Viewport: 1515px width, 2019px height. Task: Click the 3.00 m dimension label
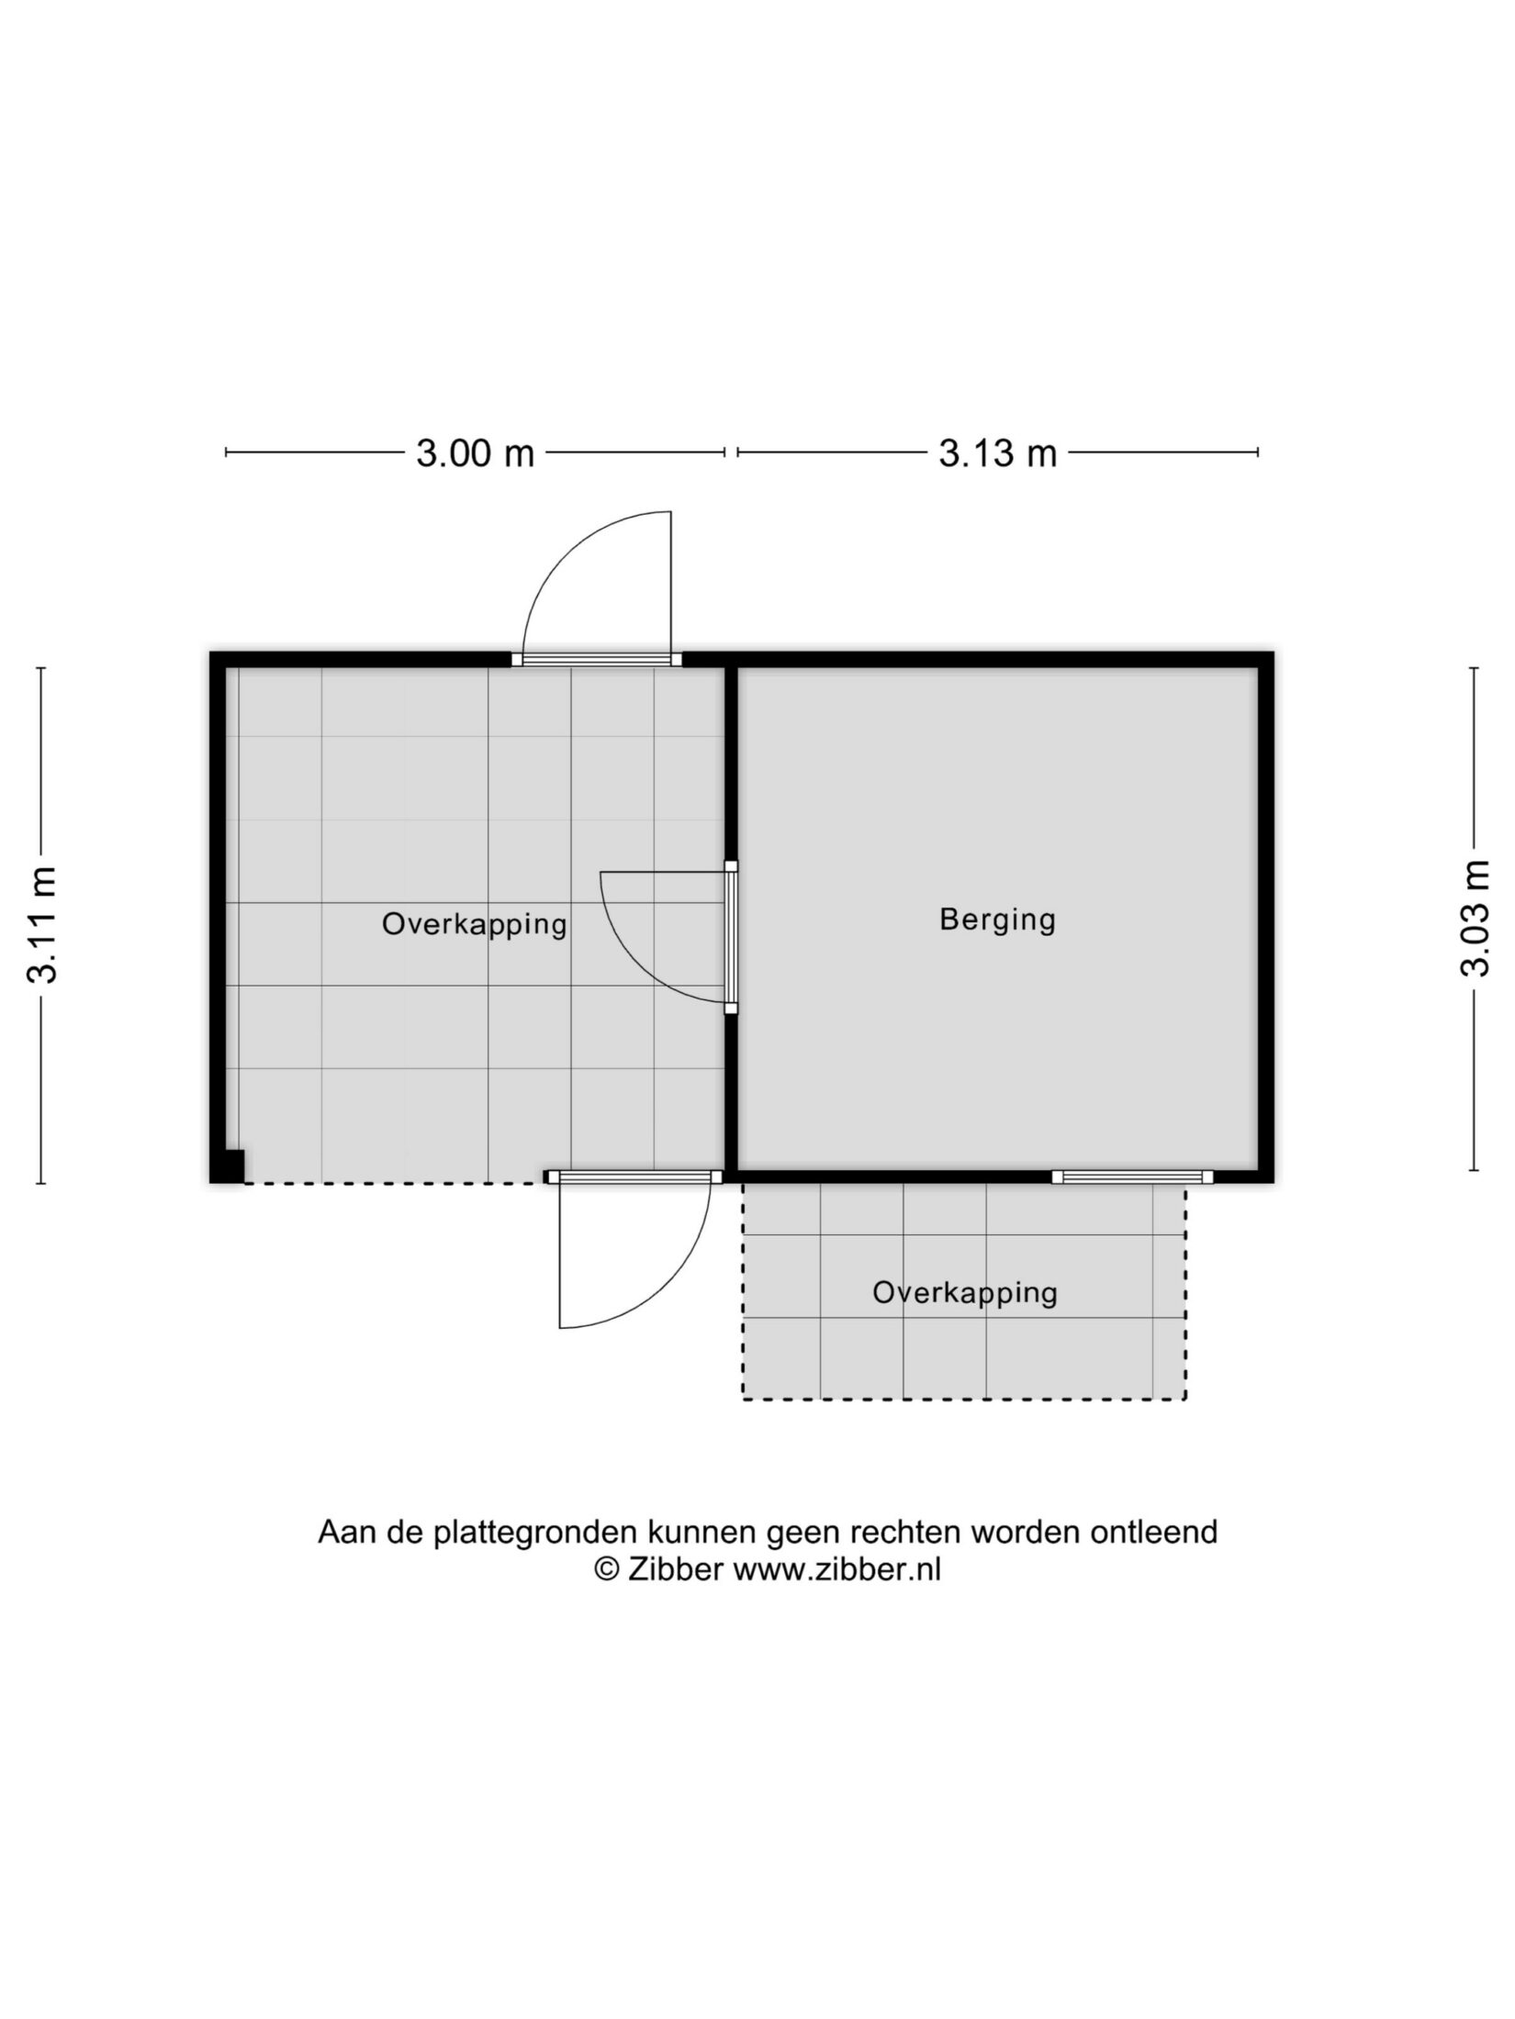point(475,453)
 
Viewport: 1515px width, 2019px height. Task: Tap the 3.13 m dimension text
point(997,453)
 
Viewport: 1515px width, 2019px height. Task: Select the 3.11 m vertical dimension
point(43,924)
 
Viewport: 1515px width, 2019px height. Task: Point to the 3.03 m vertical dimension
point(1475,918)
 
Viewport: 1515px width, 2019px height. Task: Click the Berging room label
point(997,920)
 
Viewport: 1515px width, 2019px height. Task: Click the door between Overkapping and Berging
point(731,937)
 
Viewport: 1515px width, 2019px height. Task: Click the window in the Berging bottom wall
point(1132,1177)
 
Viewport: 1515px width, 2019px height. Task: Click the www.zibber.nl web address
point(836,1570)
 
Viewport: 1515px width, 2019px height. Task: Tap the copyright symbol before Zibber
point(605,1570)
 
